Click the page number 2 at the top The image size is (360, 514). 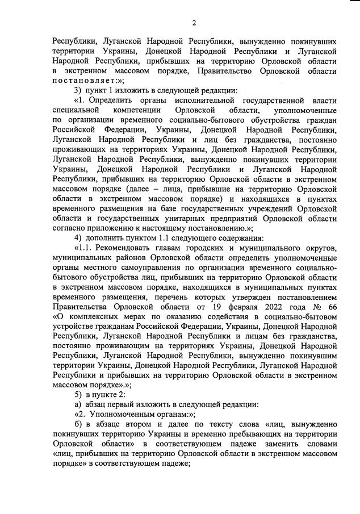click(x=194, y=23)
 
